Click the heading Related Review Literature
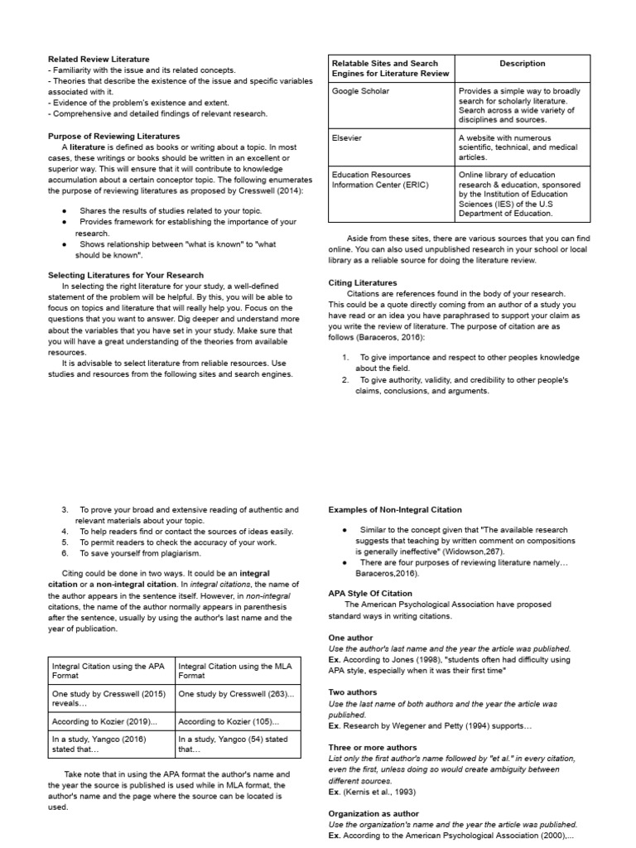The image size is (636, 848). (x=99, y=60)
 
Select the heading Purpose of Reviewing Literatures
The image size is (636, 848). (x=113, y=136)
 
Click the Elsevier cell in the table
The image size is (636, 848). (x=347, y=138)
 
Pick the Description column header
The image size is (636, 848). (x=523, y=64)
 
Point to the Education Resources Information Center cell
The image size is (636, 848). (x=381, y=180)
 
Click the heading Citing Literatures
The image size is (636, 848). (x=363, y=282)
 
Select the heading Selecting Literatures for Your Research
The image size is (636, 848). (x=126, y=275)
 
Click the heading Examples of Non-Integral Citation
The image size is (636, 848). (x=395, y=509)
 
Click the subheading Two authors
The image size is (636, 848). (x=353, y=691)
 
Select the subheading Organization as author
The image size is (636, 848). (x=373, y=813)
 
